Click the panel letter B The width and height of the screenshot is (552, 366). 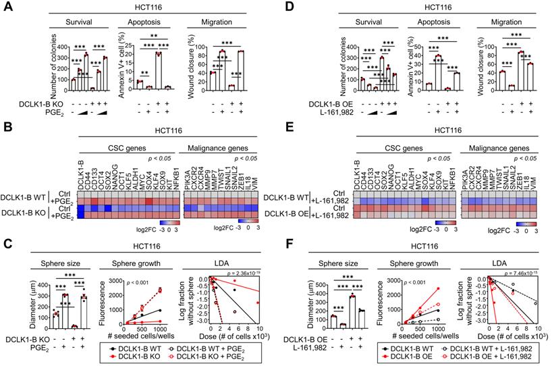click(7, 126)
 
